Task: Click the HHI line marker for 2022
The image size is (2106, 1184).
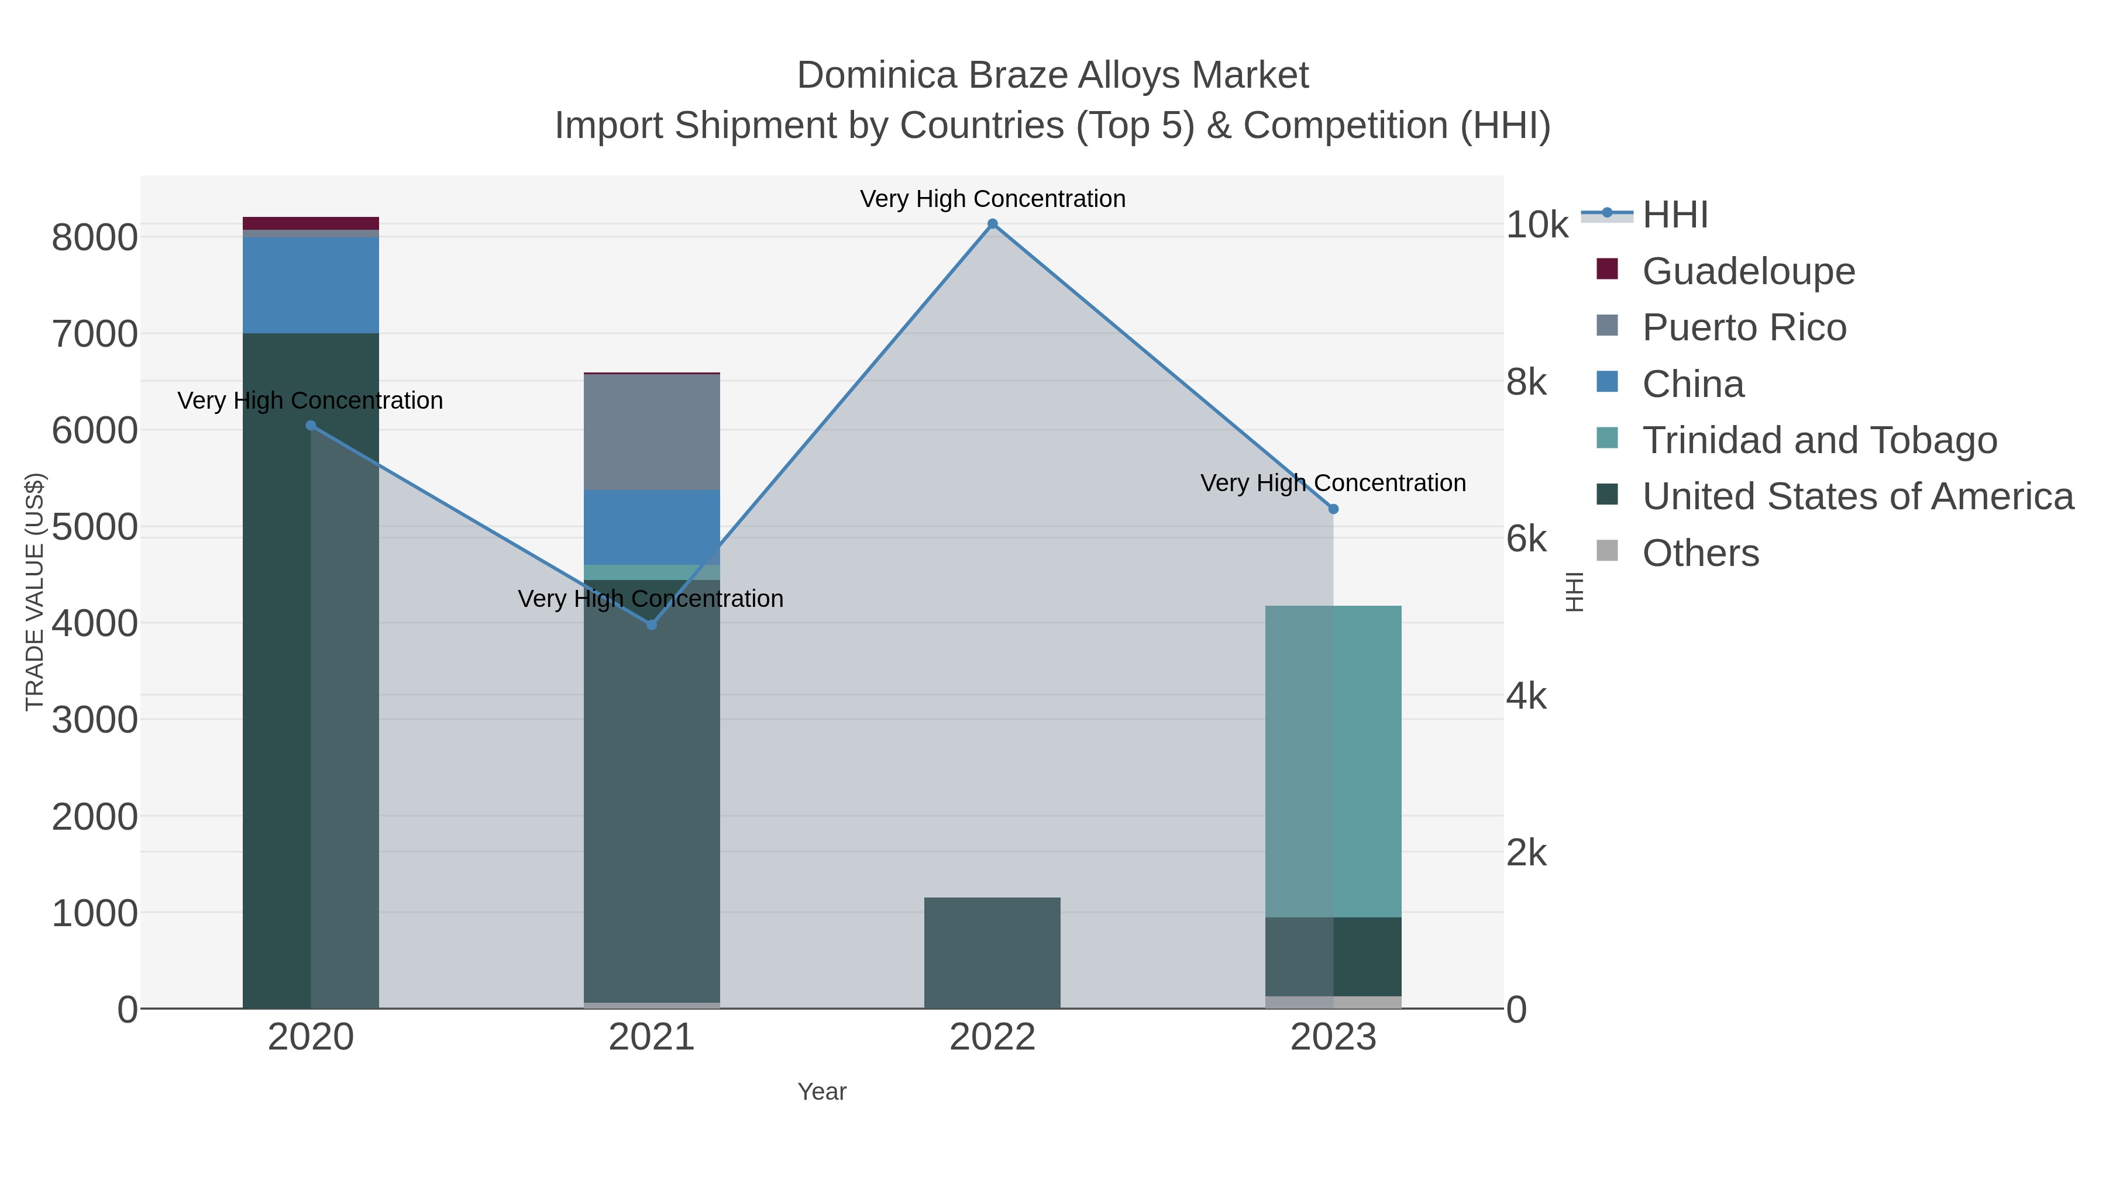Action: coord(993,224)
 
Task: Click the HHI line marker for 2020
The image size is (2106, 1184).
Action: coord(311,426)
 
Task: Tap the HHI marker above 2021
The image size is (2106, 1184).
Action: coord(652,625)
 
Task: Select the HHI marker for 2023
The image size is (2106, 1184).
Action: coord(1333,509)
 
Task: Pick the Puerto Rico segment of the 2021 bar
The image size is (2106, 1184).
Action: coord(652,432)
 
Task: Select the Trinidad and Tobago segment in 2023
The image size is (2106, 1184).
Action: coord(1333,761)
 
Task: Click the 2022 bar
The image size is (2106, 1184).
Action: coord(993,953)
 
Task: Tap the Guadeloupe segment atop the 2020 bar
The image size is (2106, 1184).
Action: coord(311,223)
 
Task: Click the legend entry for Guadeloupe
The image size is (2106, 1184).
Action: coord(1748,271)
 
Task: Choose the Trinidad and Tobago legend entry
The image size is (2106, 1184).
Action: coord(1819,440)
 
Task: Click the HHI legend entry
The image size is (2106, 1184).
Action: coord(1674,215)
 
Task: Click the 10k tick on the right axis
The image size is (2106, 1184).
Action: coord(1537,225)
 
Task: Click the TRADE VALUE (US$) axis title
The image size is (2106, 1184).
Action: coord(35,592)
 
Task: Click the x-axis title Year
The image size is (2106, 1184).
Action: coord(822,1092)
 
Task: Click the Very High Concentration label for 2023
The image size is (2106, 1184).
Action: coord(1333,483)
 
